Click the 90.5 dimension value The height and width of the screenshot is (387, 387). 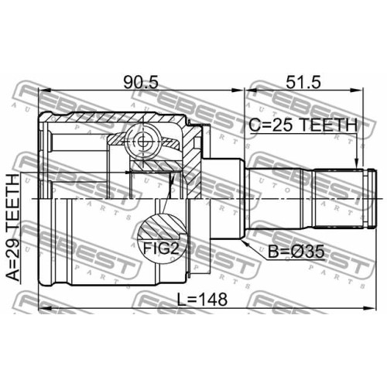[x=141, y=82]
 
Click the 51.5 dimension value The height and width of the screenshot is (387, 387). [x=303, y=82]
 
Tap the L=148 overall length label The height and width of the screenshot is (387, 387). [x=202, y=300]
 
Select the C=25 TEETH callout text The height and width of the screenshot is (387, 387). [x=303, y=125]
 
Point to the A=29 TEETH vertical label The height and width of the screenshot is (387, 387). [x=13, y=228]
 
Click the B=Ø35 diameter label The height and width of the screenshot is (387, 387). [x=296, y=252]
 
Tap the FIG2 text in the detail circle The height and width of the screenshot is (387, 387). [x=161, y=248]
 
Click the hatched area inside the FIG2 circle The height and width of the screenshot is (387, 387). [x=161, y=227]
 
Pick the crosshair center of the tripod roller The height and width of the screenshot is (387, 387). [x=142, y=141]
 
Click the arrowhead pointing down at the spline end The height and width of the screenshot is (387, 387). [x=357, y=163]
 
